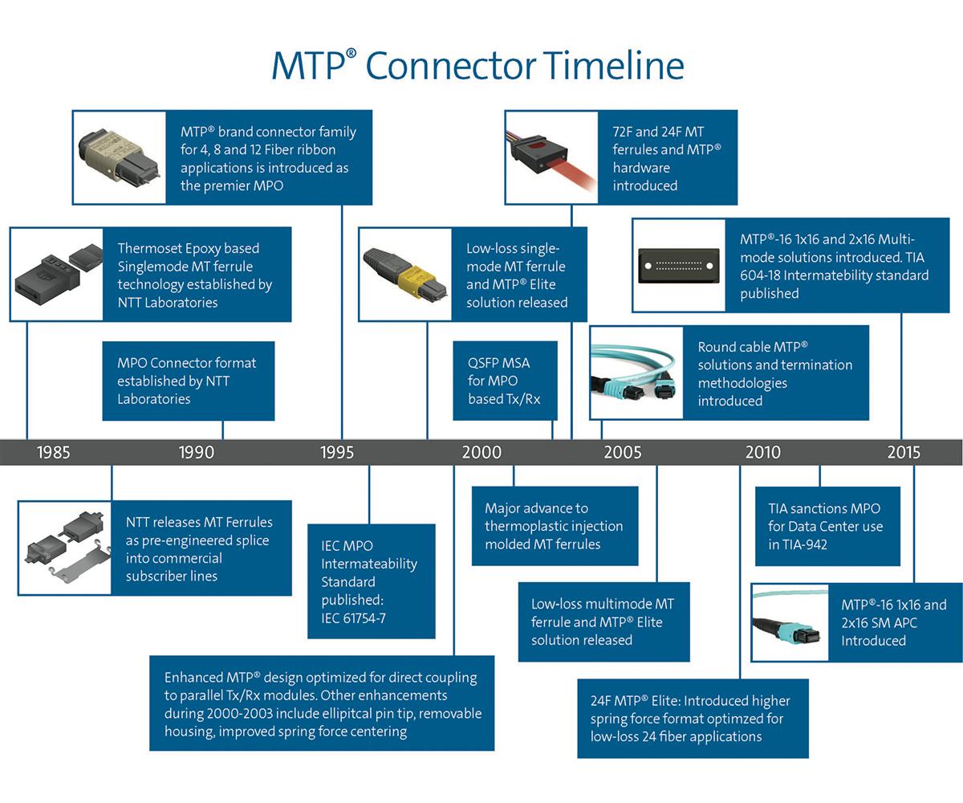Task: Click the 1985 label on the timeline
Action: point(53,452)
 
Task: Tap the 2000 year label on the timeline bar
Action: point(481,452)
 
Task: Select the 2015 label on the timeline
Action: point(904,452)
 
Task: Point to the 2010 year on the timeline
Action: point(762,452)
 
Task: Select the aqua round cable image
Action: point(636,372)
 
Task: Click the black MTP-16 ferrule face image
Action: point(679,264)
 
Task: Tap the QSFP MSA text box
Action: point(505,381)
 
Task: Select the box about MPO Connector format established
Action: point(189,381)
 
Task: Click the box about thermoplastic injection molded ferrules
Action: point(555,526)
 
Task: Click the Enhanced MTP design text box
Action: point(322,703)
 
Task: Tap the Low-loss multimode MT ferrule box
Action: point(603,621)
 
